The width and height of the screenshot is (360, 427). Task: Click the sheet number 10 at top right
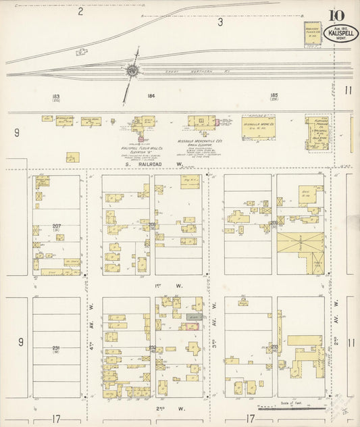(336, 16)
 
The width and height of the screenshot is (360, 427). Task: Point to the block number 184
(151, 97)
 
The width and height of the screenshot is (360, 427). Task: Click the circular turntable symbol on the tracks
(132, 70)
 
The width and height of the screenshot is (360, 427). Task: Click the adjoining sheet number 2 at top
(80, 11)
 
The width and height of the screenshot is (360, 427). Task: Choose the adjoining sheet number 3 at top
(220, 23)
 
